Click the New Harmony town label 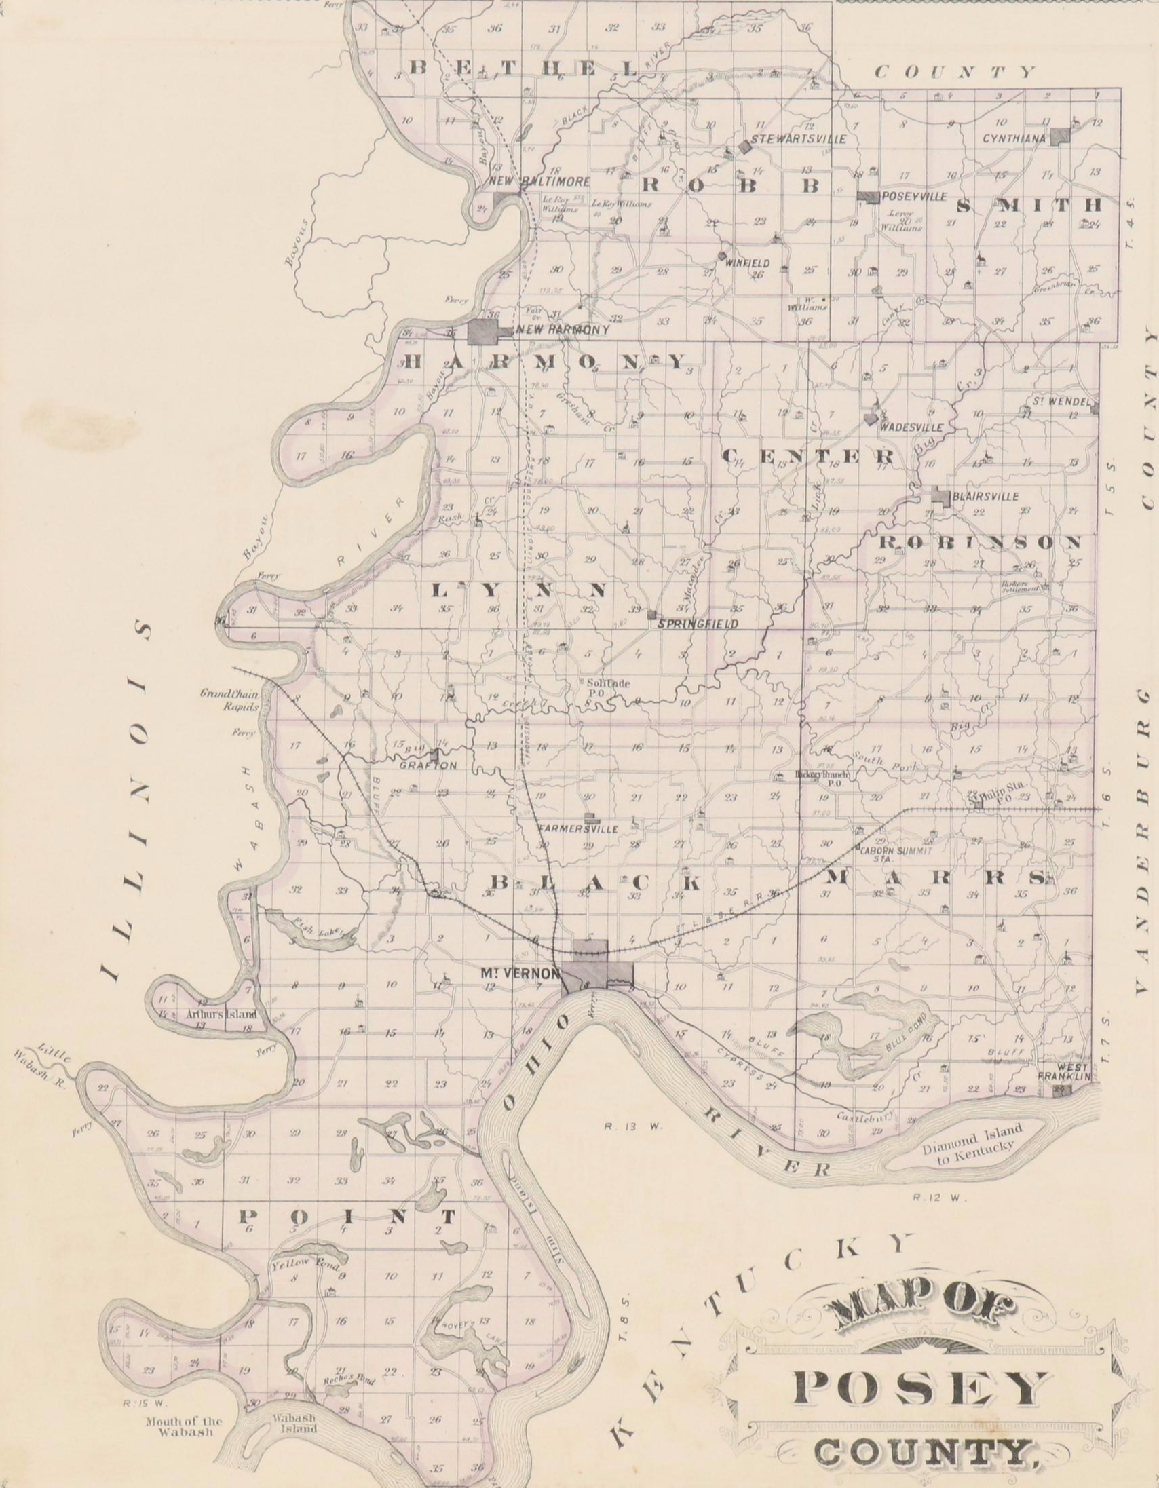[x=563, y=330]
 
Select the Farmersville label [x=577, y=829]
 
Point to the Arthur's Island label [x=210, y=1012]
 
